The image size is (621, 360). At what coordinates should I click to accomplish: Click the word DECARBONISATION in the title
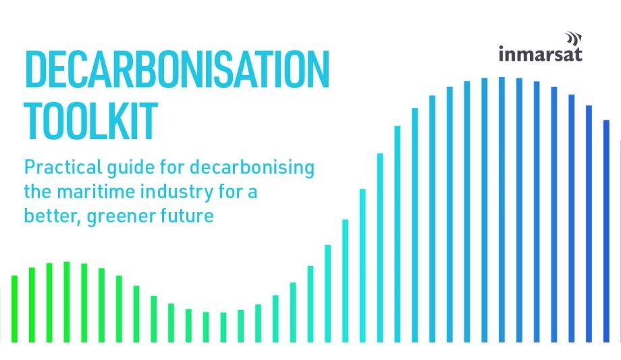[x=177, y=70]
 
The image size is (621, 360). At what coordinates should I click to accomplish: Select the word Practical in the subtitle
[x=63, y=167]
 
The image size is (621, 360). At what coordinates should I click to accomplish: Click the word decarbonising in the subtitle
[x=252, y=168]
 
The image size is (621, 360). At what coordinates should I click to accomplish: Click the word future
[x=188, y=216]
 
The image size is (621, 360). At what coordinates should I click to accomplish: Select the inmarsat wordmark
[x=540, y=54]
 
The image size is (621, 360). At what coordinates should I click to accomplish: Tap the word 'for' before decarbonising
[x=172, y=167]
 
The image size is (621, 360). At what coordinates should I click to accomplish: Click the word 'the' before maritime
[x=38, y=192]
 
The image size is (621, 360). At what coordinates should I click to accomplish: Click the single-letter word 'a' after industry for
[x=252, y=193]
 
